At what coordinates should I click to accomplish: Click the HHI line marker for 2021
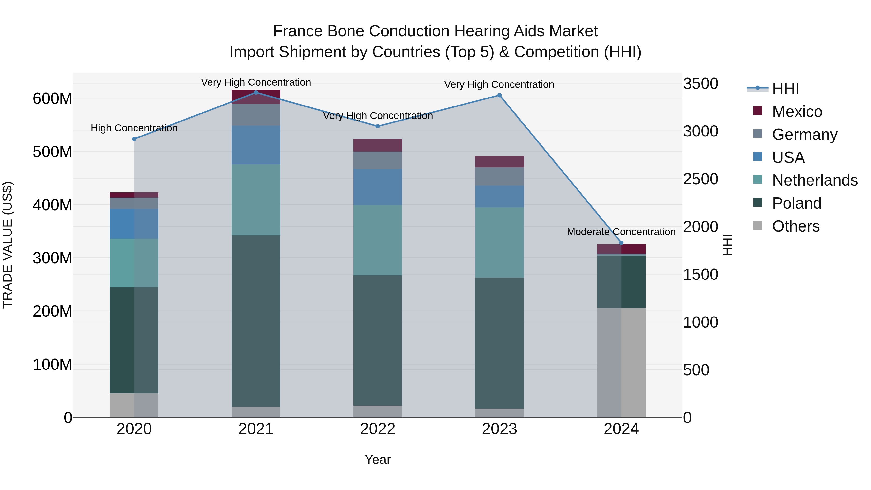point(256,93)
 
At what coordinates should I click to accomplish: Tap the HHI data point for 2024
point(621,243)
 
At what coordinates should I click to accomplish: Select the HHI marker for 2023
point(499,95)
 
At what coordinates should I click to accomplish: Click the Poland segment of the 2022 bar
point(378,340)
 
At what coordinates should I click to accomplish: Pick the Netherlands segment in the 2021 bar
point(256,200)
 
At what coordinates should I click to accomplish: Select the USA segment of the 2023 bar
point(499,196)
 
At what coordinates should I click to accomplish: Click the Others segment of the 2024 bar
point(621,362)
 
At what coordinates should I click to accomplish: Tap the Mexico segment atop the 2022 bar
point(378,145)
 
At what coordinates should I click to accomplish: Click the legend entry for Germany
point(805,135)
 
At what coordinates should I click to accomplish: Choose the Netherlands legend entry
point(815,180)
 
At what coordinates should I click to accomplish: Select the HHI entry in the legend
point(785,89)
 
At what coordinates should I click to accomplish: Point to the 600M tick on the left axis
point(53,99)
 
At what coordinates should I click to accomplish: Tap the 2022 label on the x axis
point(378,429)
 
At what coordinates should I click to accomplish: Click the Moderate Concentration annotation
point(621,232)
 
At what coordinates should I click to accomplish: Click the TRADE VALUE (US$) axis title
point(8,245)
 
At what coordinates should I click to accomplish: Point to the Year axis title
point(378,460)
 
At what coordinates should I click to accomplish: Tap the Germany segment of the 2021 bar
point(256,115)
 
